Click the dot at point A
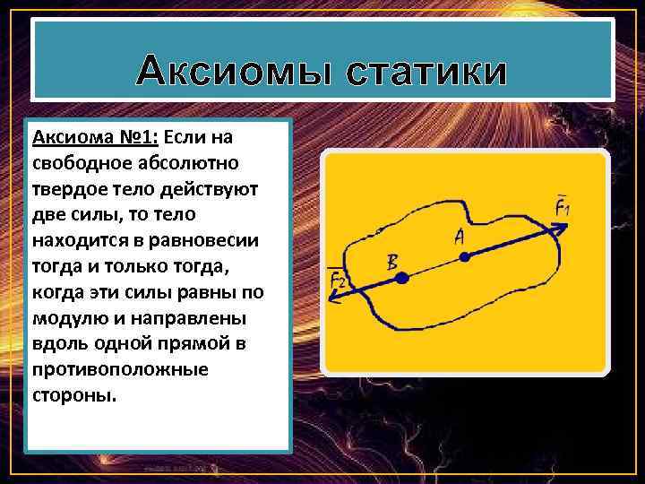point(464,257)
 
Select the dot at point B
point(402,280)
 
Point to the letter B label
point(391,262)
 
